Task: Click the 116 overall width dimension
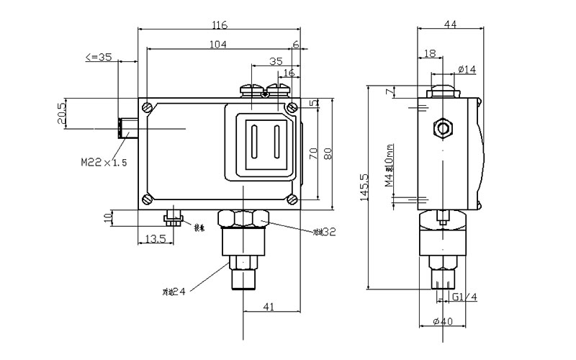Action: tap(220, 25)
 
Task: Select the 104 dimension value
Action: tap(219, 45)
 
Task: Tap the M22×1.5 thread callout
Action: tap(104, 163)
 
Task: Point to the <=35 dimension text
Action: tap(99, 57)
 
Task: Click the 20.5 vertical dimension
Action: tap(62, 114)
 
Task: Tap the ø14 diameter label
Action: tap(467, 70)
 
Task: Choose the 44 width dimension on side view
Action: tap(450, 25)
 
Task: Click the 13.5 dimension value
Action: tap(155, 238)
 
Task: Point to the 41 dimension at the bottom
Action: tap(268, 307)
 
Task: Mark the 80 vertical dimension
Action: tap(328, 153)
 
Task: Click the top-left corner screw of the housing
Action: tap(148, 108)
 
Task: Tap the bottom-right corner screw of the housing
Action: tap(292, 199)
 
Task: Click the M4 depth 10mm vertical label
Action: tap(389, 166)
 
